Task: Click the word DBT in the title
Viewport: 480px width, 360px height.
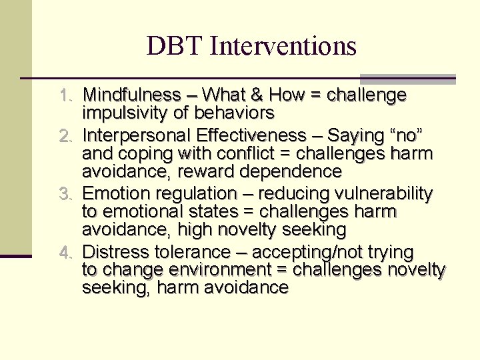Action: pyautogui.click(x=174, y=46)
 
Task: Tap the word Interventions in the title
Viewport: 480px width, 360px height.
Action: pyautogui.click(x=283, y=46)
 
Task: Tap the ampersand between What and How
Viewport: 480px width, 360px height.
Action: pyautogui.click(x=260, y=95)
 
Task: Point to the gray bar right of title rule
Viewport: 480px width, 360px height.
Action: pyautogui.click(x=407, y=79)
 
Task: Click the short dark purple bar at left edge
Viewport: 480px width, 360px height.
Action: pyautogui.click(x=15, y=255)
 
